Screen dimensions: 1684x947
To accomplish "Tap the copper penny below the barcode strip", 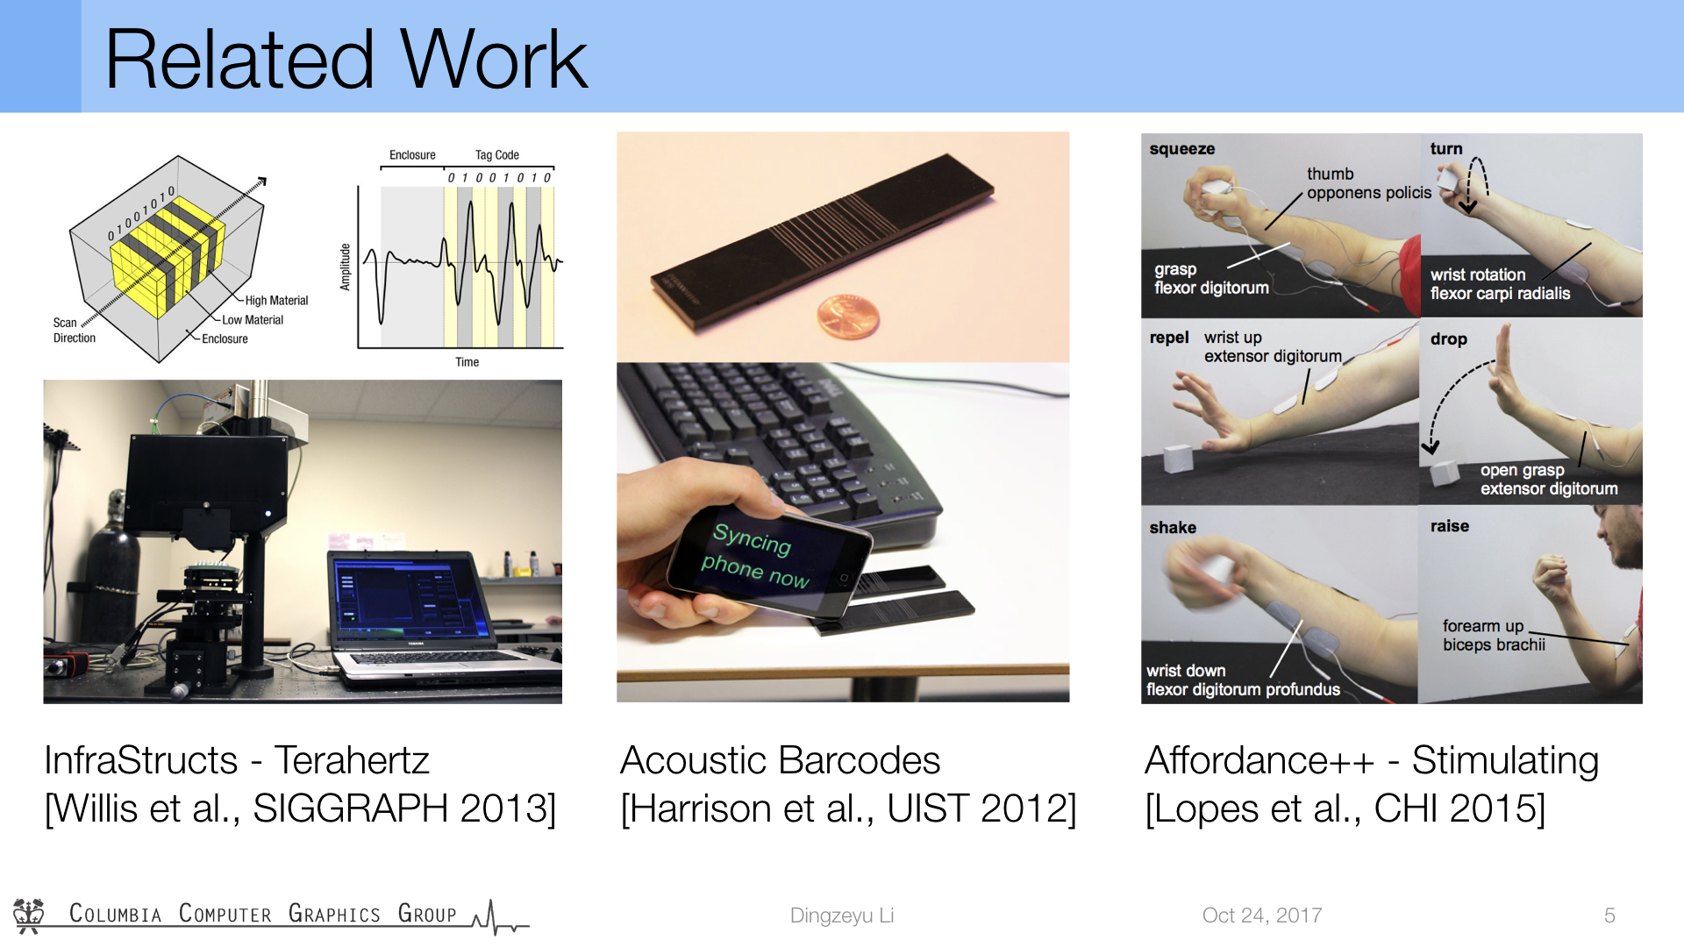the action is pos(847,317).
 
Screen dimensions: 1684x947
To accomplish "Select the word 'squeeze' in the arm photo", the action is pos(1181,149).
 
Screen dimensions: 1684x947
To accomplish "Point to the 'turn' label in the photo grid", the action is pos(1446,149).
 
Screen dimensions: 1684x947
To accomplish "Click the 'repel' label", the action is pos(1169,338).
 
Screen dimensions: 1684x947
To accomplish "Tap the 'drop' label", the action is pos(1448,338).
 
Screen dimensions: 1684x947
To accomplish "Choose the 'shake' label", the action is pos(1173,527).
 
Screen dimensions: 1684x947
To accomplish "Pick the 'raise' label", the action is pos(1449,526).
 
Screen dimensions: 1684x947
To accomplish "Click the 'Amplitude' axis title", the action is pos(345,267).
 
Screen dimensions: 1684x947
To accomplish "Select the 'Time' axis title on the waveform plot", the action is pos(467,362).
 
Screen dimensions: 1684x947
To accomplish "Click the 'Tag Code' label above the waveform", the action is pos(496,155).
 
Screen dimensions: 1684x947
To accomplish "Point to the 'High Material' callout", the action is pos(276,301).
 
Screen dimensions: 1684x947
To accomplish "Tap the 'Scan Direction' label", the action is pos(74,331).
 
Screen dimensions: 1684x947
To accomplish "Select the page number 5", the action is pos(1609,915).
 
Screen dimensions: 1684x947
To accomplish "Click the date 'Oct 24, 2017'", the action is pos(1262,915).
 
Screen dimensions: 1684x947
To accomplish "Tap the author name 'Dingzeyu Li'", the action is pos(842,915).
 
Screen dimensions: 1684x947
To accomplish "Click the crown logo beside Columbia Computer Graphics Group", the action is pos(29,915).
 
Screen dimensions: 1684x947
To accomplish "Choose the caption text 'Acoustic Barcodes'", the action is pos(780,760).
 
